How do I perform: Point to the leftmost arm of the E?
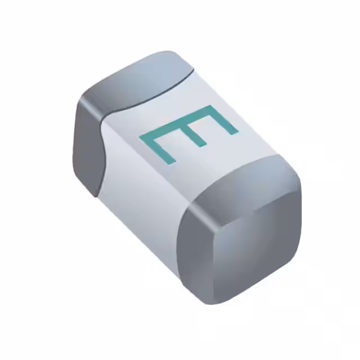coord(159,149)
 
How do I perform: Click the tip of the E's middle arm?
coord(203,145)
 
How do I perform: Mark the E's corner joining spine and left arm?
coord(142,137)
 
